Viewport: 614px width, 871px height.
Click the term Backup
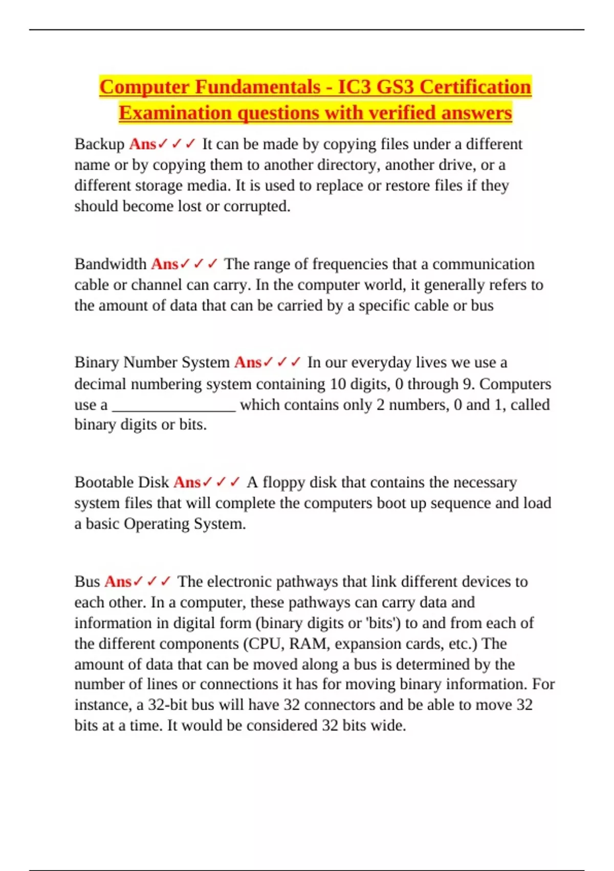coord(99,144)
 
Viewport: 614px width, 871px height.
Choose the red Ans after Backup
coord(142,144)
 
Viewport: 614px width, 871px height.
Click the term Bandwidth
coord(111,264)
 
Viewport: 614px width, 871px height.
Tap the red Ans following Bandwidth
coord(164,264)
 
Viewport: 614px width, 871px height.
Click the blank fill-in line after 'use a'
coord(174,406)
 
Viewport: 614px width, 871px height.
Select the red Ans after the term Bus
coord(118,582)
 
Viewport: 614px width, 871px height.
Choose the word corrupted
coord(256,206)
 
